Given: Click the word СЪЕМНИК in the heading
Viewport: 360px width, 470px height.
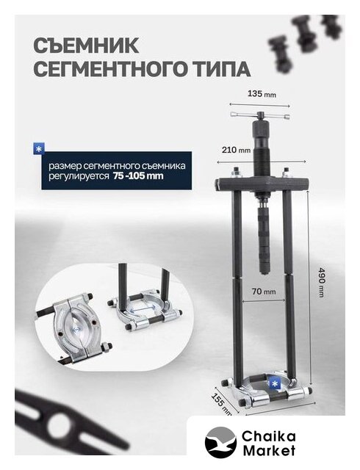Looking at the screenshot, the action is pyautogui.click(x=86, y=46).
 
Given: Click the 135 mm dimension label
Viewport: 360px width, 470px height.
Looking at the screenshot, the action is pyautogui.click(x=262, y=94).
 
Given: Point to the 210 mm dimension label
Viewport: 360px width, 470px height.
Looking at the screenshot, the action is pyautogui.click(x=236, y=149).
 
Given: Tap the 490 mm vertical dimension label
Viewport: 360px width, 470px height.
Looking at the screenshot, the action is pyautogui.click(x=321, y=282).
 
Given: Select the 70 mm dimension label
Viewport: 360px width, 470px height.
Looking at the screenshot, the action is pyautogui.click(x=264, y=291).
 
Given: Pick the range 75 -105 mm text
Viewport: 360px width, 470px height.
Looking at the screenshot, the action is pyautogui.click(x=138, y=176).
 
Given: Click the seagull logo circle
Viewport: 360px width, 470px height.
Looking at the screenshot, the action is pyautogui.click(x=220, y=442).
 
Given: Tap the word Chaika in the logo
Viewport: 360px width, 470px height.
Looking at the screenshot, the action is pyautogui.click(x=269, y=436).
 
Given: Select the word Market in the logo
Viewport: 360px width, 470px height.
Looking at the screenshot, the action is pyautogui.click(x=269, y=450).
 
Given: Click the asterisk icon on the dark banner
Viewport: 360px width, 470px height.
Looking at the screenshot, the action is pyautogui.click(x=39, y=149).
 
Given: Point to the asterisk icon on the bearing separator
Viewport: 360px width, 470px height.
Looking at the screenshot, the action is pyautogui.click(x=275, y=383).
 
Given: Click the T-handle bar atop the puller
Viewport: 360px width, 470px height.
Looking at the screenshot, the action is pyautogui.click(x=260, y=115).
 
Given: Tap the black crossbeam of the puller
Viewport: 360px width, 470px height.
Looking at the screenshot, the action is pyautogui.click(x=262, y=184).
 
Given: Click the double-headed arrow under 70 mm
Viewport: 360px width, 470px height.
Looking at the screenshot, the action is pyautogui.click(x=264, y=300).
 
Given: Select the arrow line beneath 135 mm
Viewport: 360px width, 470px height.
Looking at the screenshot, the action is pyautogui.click(x=260, y=105).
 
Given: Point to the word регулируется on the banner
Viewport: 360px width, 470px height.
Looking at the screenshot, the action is pyautogui.click(x=79, y=176).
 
